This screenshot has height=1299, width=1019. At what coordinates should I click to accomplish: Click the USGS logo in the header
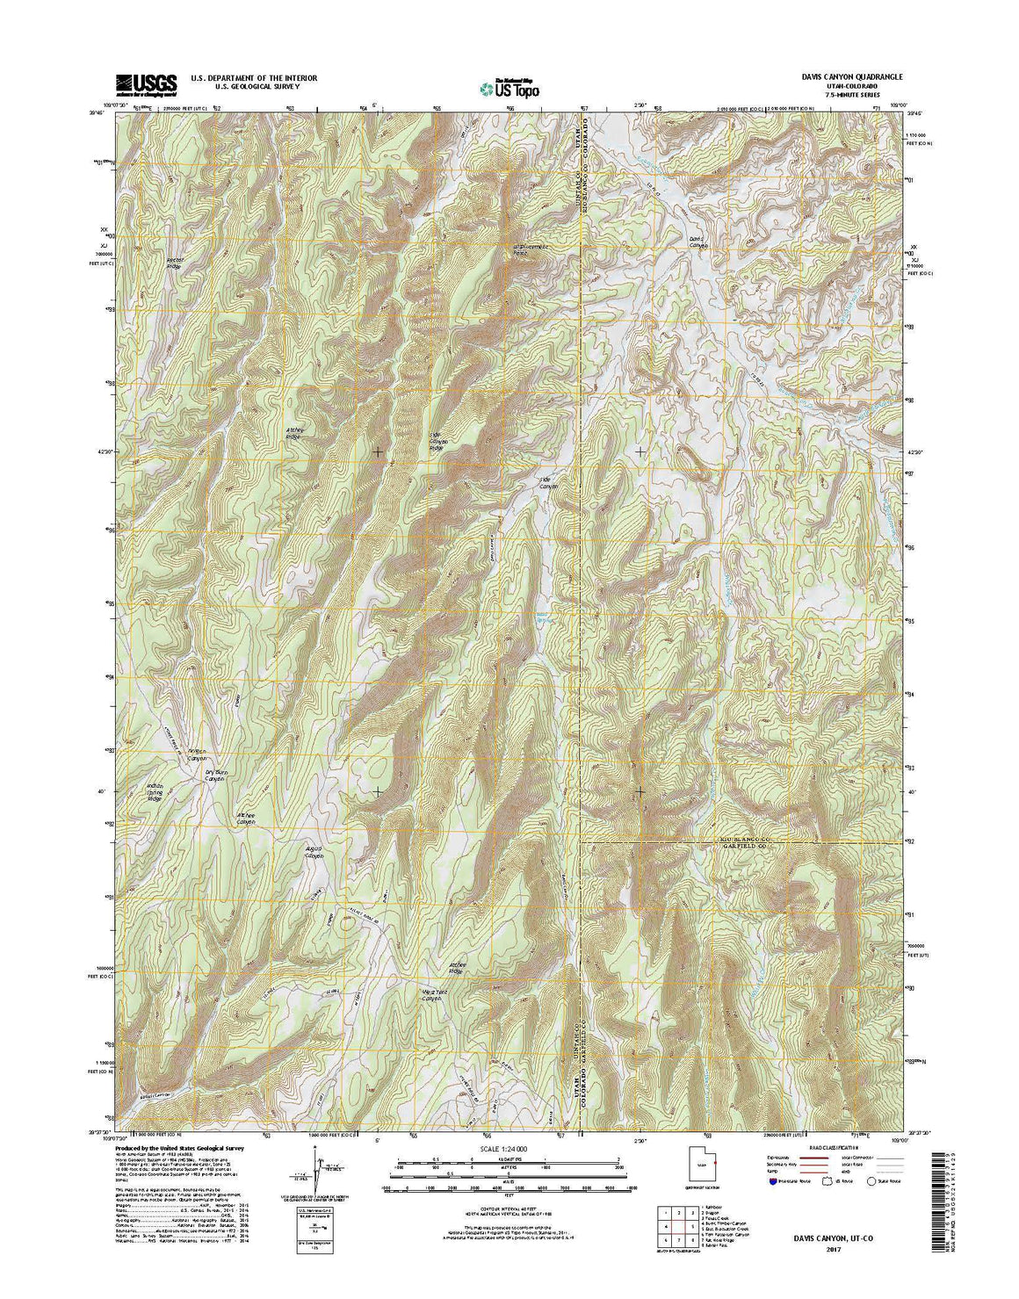click(x=146, y=83)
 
